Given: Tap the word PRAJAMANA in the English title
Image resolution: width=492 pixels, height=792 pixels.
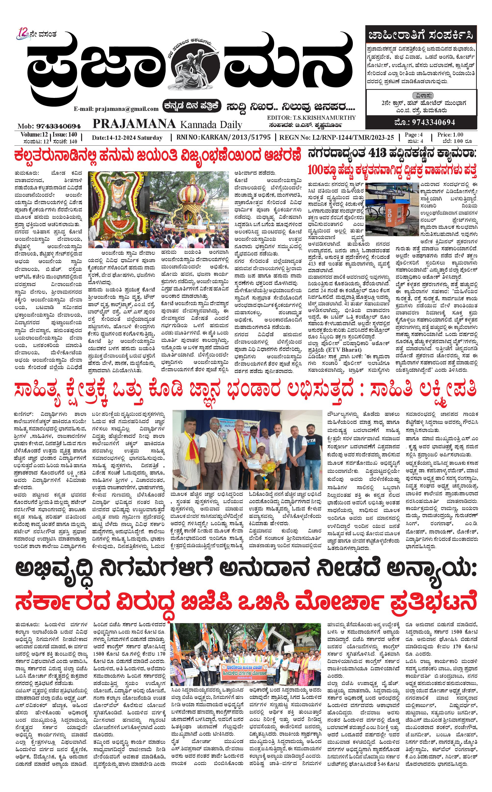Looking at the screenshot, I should pos(134,124).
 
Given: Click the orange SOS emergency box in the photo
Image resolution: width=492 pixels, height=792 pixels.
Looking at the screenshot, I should pos(389,210).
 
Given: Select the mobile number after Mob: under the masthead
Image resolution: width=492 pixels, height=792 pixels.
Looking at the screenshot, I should pos(59,126).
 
